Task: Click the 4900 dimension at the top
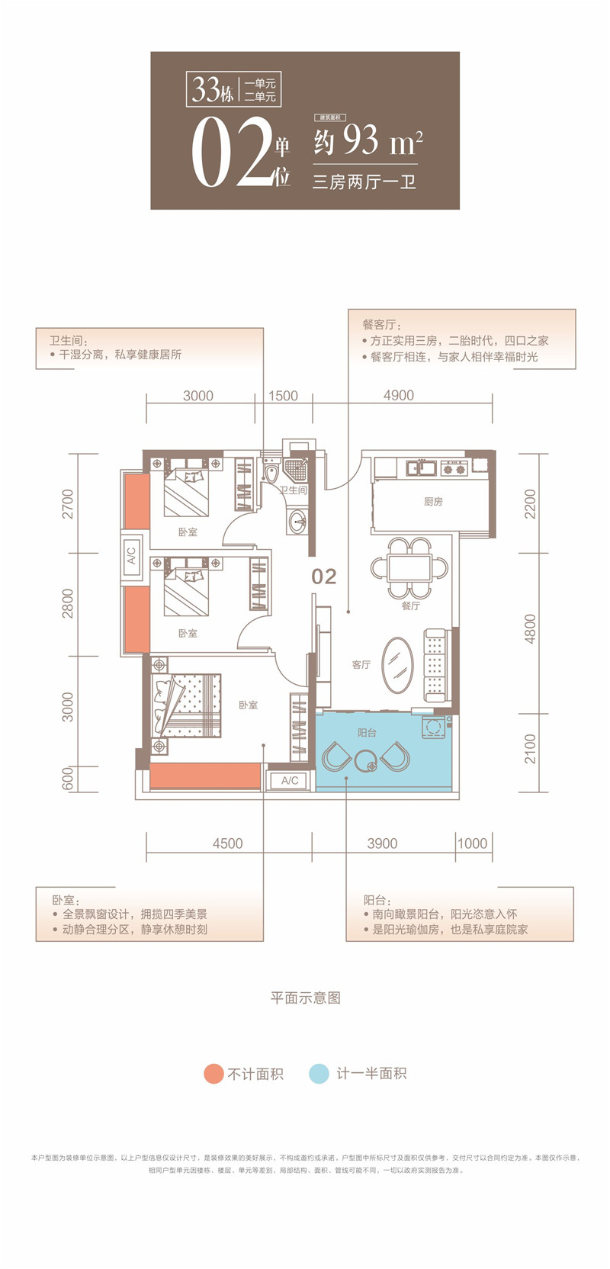398,395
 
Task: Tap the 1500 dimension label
283,395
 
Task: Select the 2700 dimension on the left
69,504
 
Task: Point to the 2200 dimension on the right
531,503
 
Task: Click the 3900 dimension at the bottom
382,843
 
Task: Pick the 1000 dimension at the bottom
472,843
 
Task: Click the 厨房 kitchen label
433,501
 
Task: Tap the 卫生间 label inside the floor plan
293,490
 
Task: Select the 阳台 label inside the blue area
367,732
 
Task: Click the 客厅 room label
361,664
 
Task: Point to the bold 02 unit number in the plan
324,577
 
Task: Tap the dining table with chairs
409,568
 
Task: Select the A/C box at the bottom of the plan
290,780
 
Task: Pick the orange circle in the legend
213,1073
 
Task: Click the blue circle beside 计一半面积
319,1073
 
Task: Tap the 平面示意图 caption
305,998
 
